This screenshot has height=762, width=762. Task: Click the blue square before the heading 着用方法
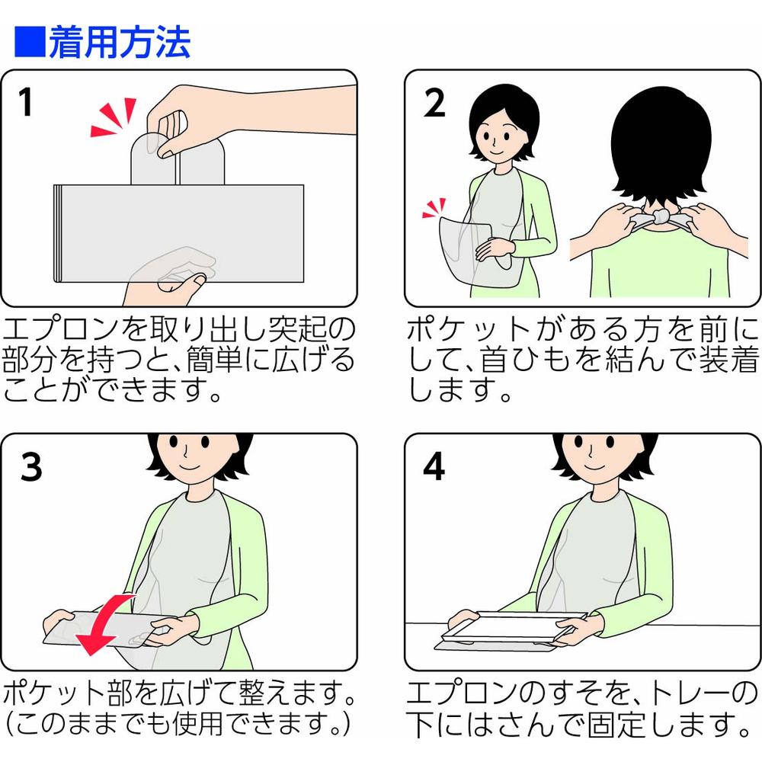(x=30, y=42)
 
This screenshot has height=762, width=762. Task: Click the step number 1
(x=26, y=102)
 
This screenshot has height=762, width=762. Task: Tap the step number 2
(x=434, y=103)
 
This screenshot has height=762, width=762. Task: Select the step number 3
(x=31, y=467)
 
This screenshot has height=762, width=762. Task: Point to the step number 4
(x=434, y=466)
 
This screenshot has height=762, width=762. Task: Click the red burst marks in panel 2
(x=434, y=208)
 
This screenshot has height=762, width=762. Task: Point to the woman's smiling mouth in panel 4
(x=594, y=467)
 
